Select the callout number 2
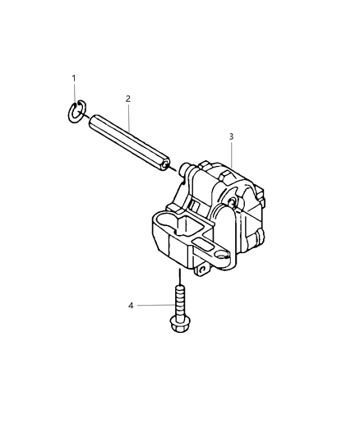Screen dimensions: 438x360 [x=128, y=99]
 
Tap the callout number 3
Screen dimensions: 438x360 [x=232, y=135]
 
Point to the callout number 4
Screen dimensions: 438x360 [x=130, y=306]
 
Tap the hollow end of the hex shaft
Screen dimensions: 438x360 [x=167, y=164]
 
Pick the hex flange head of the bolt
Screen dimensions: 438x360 [x=178, y=326]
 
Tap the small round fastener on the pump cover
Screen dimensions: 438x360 [x=234, y=202]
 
